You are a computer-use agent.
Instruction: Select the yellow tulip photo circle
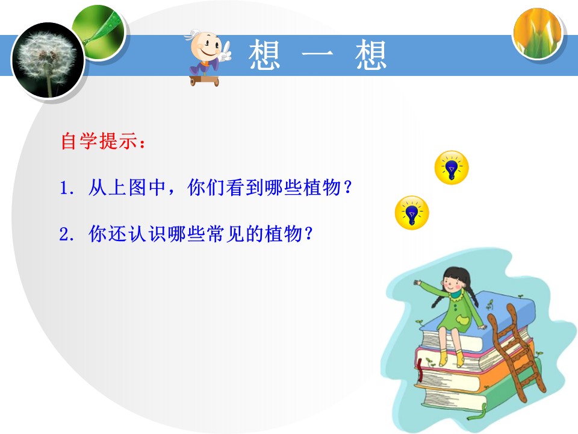click(538, 34)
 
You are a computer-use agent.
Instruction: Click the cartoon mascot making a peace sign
click(207, 57)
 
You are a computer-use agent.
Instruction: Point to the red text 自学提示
click(99, 142)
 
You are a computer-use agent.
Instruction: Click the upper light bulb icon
click(451, 168)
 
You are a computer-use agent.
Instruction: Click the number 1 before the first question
click(64, 189)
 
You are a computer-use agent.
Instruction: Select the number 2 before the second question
click(64, 233)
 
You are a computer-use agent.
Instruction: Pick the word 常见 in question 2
click(222, 233)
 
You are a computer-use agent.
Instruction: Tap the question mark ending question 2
click(309, 233)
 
